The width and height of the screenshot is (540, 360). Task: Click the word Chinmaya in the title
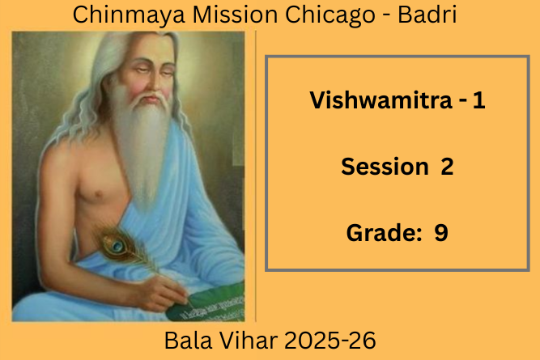[x=129, y=15]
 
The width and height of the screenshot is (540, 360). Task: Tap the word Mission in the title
[x=236, y=15]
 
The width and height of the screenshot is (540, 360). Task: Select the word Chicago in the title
[x=330, y=15]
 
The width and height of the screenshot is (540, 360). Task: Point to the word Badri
[x=427, y=15]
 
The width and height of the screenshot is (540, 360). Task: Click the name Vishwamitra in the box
[x=381, y=100]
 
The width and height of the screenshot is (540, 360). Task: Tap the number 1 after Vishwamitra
[x=478, y=100]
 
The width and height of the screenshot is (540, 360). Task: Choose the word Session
[x=385, y=167]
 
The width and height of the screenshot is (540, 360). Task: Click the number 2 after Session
[x=447, y=167]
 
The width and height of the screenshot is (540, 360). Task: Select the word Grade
[x=384, y=233]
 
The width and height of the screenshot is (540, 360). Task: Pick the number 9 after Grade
[x=441, y=233]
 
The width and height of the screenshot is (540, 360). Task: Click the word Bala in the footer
[x=188, y=341]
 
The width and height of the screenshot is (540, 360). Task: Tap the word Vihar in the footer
[x=248, y=341]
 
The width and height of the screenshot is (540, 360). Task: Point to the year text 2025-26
[x=330, y=341]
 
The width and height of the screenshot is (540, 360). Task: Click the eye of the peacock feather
[x=117, y=245]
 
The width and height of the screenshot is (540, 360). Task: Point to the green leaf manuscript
[x=207, y=303]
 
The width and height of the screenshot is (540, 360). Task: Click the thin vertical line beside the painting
[x=256, y=176]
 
